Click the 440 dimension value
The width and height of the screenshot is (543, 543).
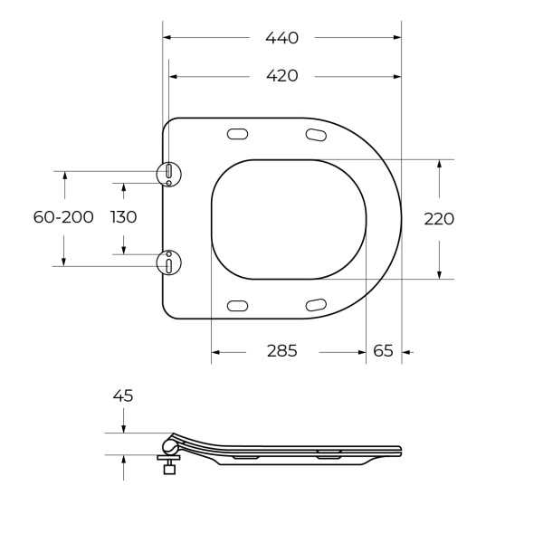(281, 37)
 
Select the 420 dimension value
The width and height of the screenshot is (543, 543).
(281, 76)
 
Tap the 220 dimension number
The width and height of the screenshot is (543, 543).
(439, 218)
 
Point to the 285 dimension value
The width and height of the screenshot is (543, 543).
(281, 351)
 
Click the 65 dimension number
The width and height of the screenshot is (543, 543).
(383, 351)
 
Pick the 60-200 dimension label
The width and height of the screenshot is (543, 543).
(63, 217)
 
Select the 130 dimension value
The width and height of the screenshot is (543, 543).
(123, 217)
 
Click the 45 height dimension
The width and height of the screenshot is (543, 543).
(123, 395)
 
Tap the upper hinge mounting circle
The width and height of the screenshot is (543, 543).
(169, 172)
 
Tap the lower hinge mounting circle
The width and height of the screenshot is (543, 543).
(169, 263)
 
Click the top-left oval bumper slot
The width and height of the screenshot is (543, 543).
(237, 135)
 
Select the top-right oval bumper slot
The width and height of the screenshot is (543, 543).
(316, 136)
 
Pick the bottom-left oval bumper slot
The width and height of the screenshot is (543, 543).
(237, 306)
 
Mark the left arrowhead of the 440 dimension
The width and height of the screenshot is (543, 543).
(167, 37)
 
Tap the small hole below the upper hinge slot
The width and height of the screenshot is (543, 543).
(169, 184)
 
